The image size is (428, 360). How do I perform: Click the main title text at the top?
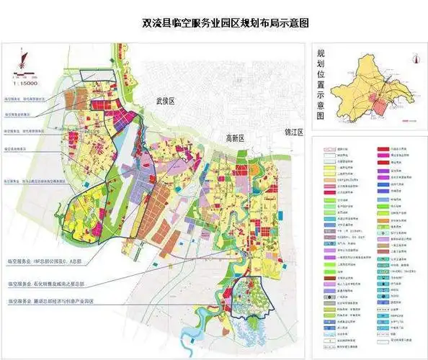pos(214,22)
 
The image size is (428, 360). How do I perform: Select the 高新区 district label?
pos(237,138)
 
